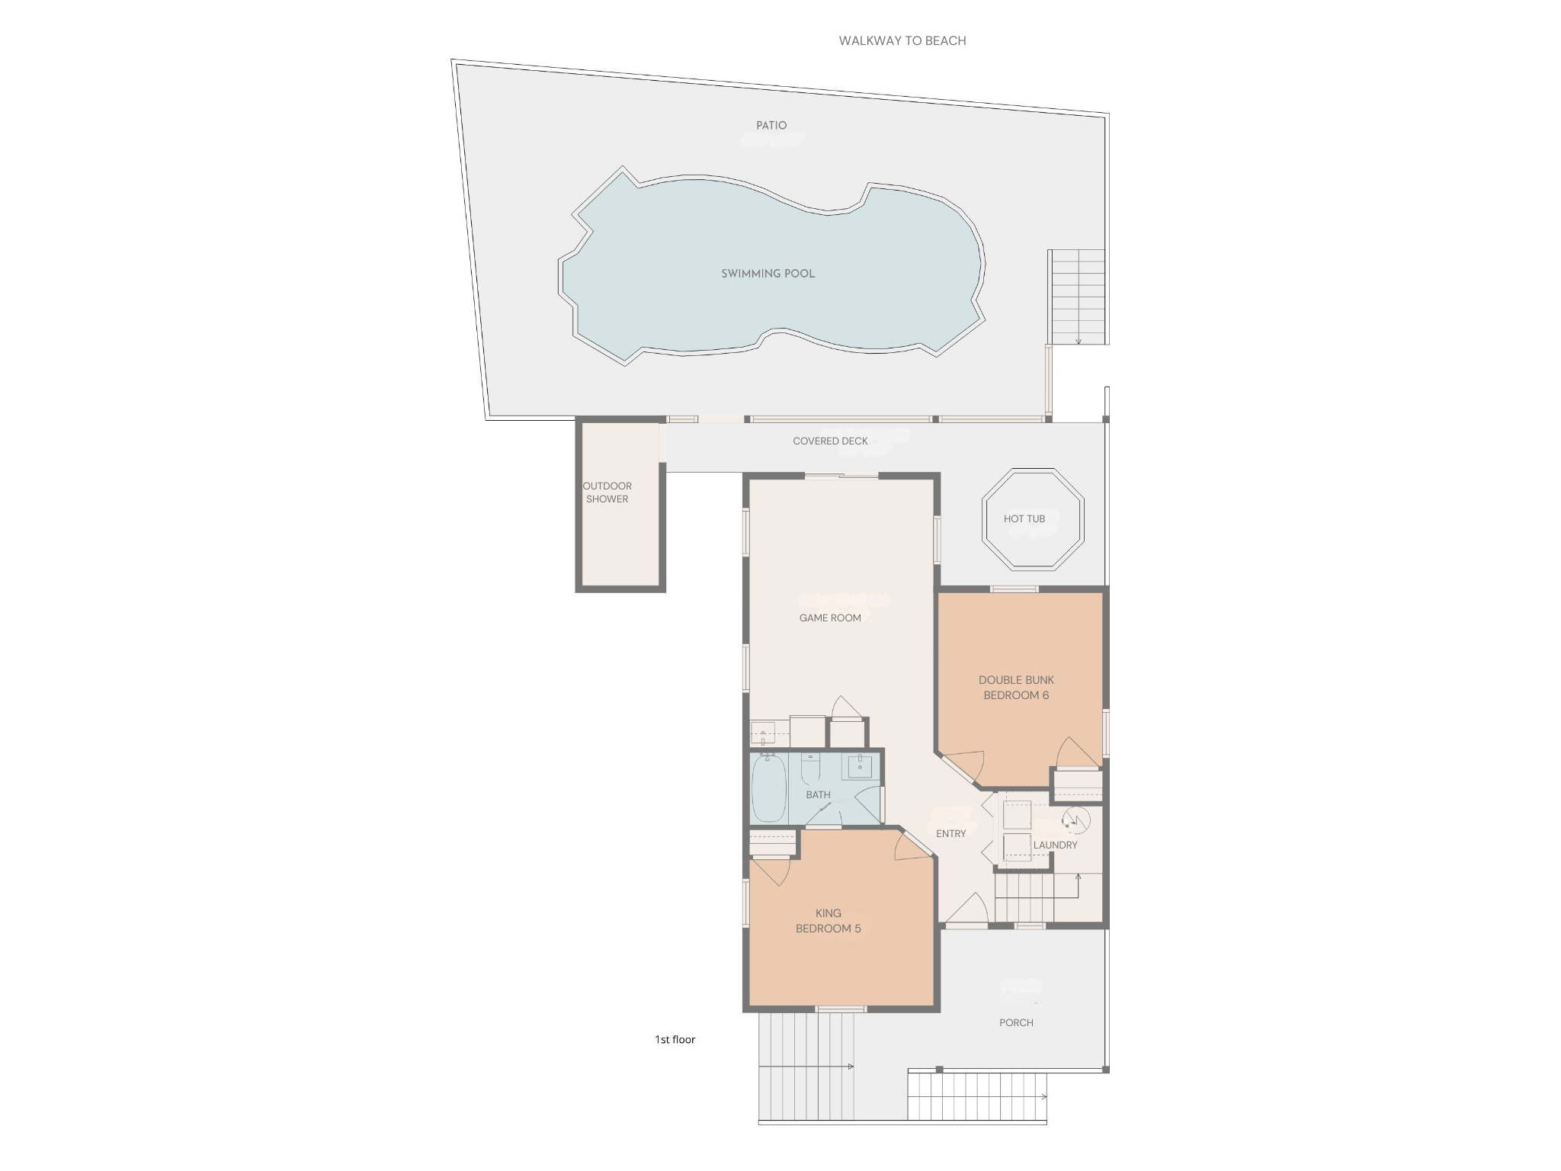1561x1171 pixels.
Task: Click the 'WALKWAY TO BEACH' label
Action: tap(902, 41)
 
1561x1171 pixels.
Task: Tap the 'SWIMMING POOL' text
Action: tap(768, 274)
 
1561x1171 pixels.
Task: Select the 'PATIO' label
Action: tap(771, 126)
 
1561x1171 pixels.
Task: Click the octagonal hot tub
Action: tap(1033, 519)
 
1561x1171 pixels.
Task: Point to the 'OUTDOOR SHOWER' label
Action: tap(607, 492)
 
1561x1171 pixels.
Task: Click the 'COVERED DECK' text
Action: tap(830, 441)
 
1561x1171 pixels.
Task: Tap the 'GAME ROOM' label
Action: tap(830, 618)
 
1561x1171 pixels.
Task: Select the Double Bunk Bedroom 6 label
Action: tap(1016, 688)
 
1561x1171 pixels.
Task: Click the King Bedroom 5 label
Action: tap(828, 921)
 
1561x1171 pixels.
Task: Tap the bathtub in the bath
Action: tap(768, 788)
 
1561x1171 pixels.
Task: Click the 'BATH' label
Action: tap(818, 795)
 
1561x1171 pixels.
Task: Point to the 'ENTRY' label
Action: tap(950, 834)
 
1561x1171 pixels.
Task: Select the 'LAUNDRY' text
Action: tap(1055, 845)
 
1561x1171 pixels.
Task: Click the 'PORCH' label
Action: tap(1016, 1023)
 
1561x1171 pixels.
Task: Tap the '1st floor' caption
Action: tap(675, 1040)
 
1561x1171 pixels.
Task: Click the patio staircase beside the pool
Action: tap(1077, 297)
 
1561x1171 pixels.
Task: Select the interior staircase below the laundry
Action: tap(1025, 897)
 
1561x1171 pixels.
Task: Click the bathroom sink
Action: tap(860, 765)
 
